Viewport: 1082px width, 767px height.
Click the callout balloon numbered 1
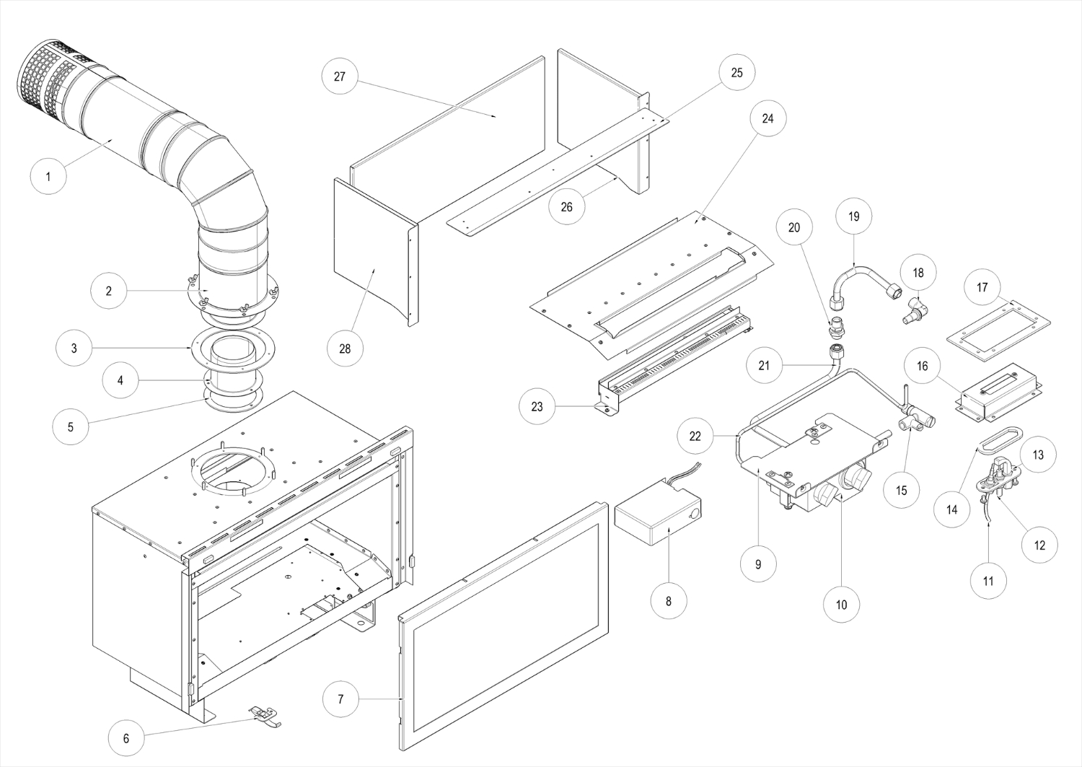pyautogui.click(x=48, y=176)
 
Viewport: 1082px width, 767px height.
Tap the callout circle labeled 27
pyautogui.click(x=340, y=76)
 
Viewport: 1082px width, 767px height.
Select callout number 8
pyautogui.click(x=669, y=600)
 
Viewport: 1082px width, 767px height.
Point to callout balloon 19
pyautogui.click(x=854, y=216)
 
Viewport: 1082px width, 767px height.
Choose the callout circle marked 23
pyautogui.click(x=537, y=407)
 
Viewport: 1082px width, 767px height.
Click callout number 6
pyautogui.click(x=126, y=738)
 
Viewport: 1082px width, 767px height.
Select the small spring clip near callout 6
pyautogui.click(x=265, y=716)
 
